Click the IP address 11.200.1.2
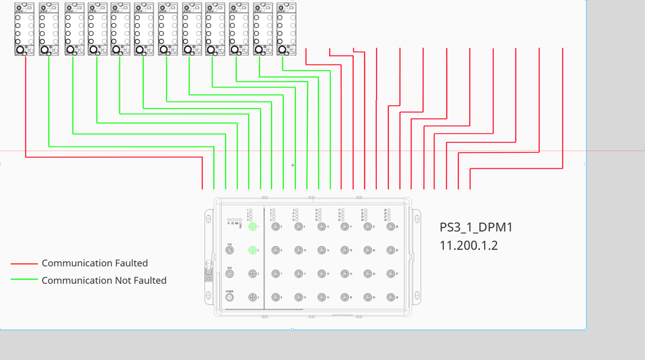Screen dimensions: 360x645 coord(468,245)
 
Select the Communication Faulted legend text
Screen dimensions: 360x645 coord(94,263)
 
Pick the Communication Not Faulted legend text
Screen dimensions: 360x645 coord(104,280)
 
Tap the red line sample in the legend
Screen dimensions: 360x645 coord(24,264)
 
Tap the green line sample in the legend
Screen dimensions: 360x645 coord(24,280)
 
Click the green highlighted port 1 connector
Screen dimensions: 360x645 coord(253,227)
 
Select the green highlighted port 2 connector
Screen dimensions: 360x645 coord(253,251)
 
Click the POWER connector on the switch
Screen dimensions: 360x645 coord(229,298)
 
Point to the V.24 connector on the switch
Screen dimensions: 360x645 coord(229,251)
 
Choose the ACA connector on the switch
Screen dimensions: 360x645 coord(229,274)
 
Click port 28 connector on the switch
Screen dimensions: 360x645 coord(390,298)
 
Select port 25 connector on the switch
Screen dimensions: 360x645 coord(390,227)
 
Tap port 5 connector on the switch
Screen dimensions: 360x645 coord(276,227)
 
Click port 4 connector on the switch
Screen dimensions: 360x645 coord(253,298)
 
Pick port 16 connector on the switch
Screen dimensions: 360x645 coord(321,298)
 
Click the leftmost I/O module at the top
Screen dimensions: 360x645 coord(24,29)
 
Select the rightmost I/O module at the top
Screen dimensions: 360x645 coord(286,29)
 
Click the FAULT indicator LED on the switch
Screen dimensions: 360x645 coord(240,221)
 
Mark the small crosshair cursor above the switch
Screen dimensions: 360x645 coord(293,165)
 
